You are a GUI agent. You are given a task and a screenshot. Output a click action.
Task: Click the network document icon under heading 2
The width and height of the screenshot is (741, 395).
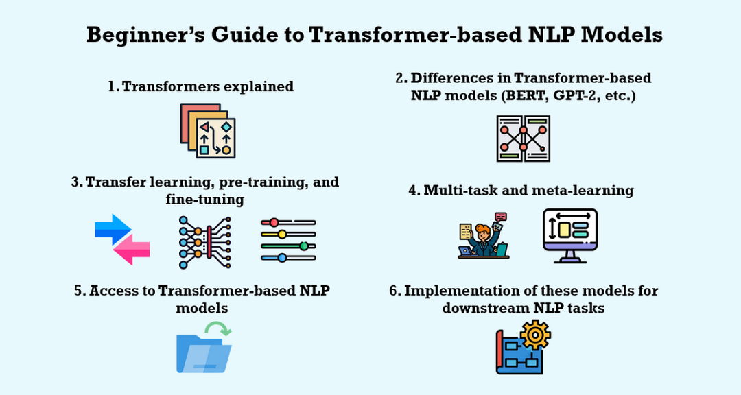tap(523, 139)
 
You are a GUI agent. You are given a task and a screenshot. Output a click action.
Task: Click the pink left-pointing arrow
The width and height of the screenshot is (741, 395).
tap(131, 252)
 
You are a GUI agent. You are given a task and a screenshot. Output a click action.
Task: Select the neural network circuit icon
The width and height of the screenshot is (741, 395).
tap(204, 242)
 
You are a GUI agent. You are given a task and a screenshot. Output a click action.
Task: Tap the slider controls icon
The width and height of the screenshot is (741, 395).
tap(288, 240)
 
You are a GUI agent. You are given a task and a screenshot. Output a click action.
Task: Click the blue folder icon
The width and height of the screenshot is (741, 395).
tap(203, 352)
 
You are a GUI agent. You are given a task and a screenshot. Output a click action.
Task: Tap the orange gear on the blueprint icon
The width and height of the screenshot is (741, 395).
tap(535, 335)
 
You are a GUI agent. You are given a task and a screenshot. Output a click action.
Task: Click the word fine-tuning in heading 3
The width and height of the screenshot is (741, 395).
tap(205, 200)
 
